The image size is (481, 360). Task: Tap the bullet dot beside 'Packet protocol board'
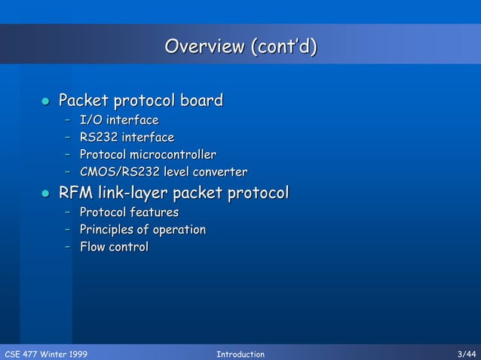[44, 101]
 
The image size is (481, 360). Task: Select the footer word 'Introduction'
[240, 354]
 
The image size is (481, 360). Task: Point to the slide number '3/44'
[467, 354]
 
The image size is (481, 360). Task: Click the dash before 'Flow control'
[69, 247]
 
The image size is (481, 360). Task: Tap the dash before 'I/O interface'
[69, 120]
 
